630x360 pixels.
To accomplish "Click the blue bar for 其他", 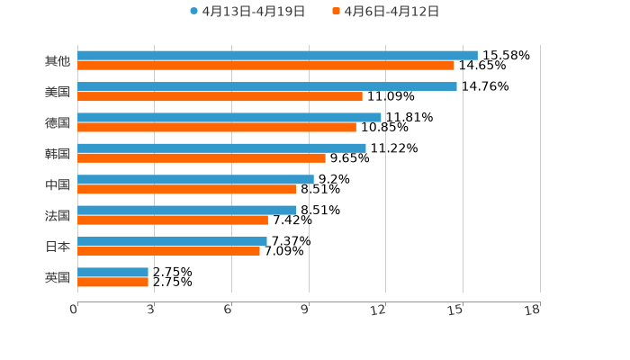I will point(277,55).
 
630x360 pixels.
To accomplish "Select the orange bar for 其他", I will point(265,66).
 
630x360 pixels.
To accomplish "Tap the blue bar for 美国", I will point(267,86).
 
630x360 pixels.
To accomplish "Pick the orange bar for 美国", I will point(220,96).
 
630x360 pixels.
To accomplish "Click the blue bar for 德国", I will point(229,117).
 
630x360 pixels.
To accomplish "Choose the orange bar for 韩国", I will point(202,158).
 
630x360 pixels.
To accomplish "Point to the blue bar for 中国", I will point(195,179).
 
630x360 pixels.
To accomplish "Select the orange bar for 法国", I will point(173,220).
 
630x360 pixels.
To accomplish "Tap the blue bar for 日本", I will point(172,241).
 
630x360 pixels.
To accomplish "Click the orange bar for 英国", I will point(112,283).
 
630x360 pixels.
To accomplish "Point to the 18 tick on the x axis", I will point(533,310).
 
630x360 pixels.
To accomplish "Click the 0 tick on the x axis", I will point(75,310).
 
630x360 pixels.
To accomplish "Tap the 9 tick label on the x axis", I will point(305,310).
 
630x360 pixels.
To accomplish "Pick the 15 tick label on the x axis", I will point(455,310).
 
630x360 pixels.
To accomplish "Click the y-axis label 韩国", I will point(58,153).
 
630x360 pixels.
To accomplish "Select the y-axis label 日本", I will point(58,247).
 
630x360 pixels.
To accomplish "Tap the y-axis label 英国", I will point(58,277).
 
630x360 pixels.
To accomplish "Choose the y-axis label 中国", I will point(58,184).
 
